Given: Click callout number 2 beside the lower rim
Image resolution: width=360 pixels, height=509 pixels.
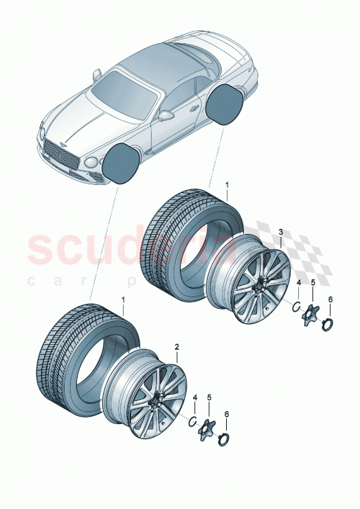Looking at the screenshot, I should [176, 346].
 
